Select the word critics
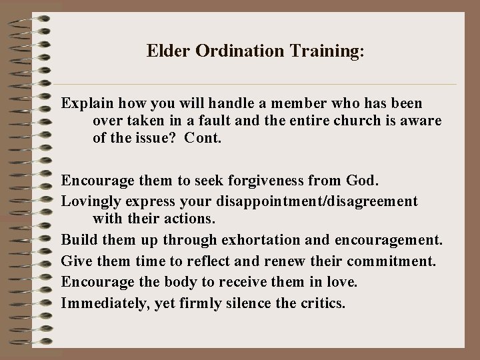coord(323,303)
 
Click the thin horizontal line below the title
coord(257,85)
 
